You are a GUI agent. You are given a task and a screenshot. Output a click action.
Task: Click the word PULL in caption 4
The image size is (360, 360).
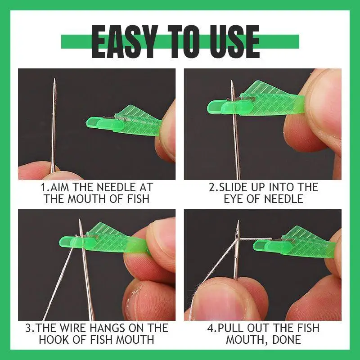pyautogui.click(x=233, y=328)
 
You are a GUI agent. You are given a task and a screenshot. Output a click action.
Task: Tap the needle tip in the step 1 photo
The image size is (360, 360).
pyautogui.click(x=54, y=80)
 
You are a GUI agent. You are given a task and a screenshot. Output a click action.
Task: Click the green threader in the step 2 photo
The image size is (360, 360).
pyautogui.click(x=256, y=102)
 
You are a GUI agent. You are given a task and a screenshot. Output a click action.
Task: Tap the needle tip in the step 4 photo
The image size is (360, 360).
pyautogui.click(x=237, y=222)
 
